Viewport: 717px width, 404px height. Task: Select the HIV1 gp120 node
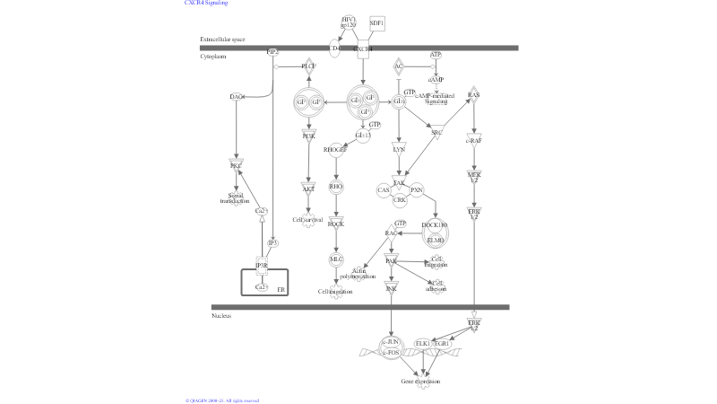tap(349, 22)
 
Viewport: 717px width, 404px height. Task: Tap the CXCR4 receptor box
tap(363, 49)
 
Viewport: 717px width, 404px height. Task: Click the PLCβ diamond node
tap(308, 66)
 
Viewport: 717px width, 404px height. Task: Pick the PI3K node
tap(308, 136)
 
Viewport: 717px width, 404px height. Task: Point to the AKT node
tap(308, 189)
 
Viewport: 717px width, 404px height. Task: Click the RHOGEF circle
tap(336, 150)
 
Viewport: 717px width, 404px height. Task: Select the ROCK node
tap(336, 224)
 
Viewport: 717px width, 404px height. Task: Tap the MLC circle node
tap(336, 259)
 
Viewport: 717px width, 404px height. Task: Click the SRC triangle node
tap(436, 132)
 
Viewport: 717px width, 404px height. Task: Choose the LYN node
tap(399, 149)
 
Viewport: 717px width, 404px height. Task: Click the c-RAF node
tap(474, 140)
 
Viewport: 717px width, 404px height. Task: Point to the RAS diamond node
tap(474, 95)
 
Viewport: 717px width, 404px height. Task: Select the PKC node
tap(236, 166)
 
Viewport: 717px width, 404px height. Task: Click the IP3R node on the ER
tap(262, 266)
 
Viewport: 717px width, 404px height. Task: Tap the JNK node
tap(391, 288)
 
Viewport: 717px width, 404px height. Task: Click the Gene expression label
tap(420, 382)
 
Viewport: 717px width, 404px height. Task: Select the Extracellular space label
tap(222, 40)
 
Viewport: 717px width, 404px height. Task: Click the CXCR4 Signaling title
tap(206, 3)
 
